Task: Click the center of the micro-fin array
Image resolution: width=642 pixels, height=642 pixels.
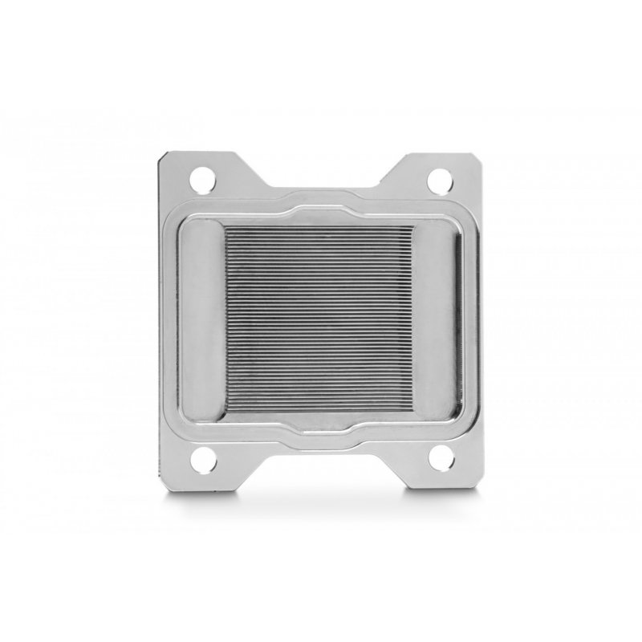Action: (x=320, y=320)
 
